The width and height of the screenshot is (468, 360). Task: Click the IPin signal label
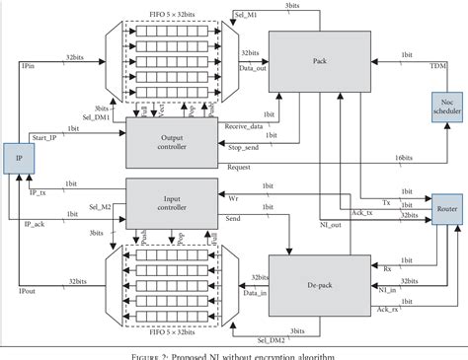(x=31, y=66)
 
